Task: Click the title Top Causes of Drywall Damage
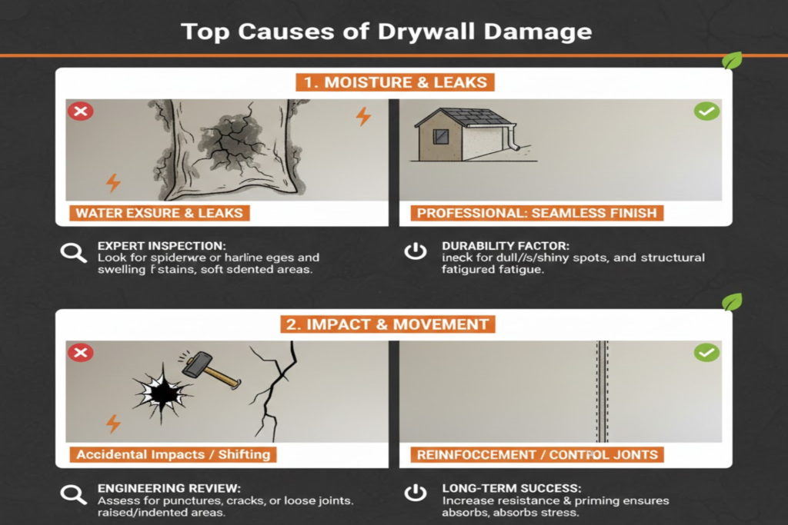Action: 386,32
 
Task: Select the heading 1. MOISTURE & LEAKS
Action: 393,81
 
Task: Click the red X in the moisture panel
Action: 80,112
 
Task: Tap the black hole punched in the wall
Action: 161,392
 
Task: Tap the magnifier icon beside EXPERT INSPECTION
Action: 74,252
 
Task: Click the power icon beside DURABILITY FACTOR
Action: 416,252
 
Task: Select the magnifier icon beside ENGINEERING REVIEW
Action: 74,494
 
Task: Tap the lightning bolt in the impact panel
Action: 113,424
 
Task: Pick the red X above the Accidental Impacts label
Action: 80,353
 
